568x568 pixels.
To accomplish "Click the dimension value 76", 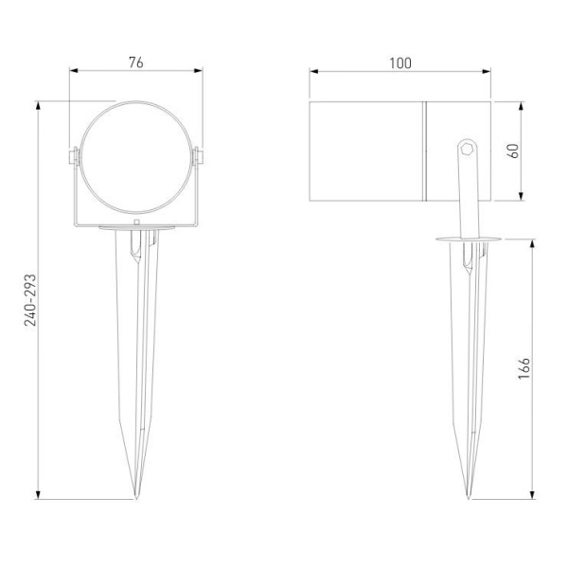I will point(136,62).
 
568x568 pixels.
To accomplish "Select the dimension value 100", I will point(400,62).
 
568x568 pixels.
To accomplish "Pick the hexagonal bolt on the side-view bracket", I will point(466,148).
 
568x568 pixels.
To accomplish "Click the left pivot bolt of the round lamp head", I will point(72,155).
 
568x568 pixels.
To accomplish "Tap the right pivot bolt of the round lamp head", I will point(200,155).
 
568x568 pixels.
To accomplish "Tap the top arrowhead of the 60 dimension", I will point(523,103).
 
